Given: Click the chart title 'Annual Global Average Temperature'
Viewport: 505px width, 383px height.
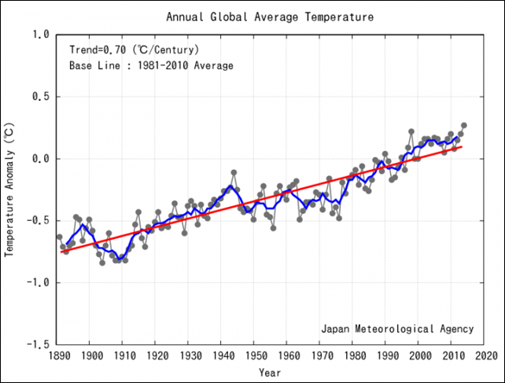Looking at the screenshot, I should pos(270,17).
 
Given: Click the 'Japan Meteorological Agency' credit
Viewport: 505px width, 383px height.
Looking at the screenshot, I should pos(397,328).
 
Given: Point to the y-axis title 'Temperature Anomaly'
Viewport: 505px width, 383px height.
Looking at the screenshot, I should pos(10,190).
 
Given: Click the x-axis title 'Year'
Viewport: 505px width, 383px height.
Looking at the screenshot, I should pos(270,371).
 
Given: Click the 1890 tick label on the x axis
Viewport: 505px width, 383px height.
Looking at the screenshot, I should pos(57,355).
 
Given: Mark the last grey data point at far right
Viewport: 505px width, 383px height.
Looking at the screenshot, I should pos(464,125).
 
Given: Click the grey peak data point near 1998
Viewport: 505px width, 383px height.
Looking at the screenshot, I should pos(411,131).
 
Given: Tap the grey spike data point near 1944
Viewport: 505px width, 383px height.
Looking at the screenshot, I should pos(234,172).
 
